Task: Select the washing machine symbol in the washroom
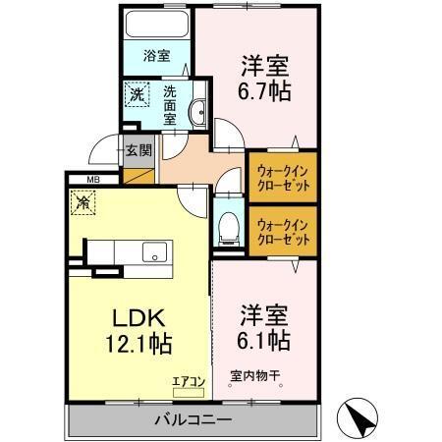[137, 96]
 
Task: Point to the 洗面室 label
[169, 105]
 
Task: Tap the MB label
[94, 179]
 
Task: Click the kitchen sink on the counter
[154, 252]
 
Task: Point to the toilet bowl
[228, 227]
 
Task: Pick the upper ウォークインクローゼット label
[281, 174]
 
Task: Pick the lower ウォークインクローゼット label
[281, 233]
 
